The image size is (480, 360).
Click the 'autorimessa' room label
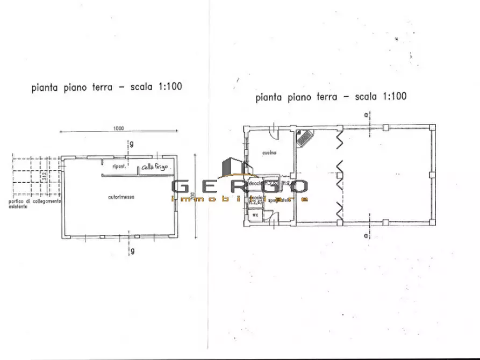click(x=121, y=197)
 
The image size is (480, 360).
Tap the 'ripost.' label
click(x=119, y=167)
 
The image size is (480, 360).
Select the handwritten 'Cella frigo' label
click(x=155, y=167)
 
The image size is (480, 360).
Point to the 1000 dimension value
click(x=119, y=128)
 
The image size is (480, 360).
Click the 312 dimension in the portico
click(x=47, y=175)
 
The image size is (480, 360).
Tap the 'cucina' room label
click(x=269, y=153)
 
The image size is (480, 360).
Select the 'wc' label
click(x=255, y=214)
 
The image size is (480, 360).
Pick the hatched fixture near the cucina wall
click(x=305, y=138)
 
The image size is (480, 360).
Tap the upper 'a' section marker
click(x=366, y=115)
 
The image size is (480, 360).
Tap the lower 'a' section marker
click(x=366, y=235)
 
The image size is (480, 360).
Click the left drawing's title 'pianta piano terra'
click(x=71, y=87)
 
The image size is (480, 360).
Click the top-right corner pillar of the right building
click(x=432, y=127)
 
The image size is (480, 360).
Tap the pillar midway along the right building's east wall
click(x=432, y=175)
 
